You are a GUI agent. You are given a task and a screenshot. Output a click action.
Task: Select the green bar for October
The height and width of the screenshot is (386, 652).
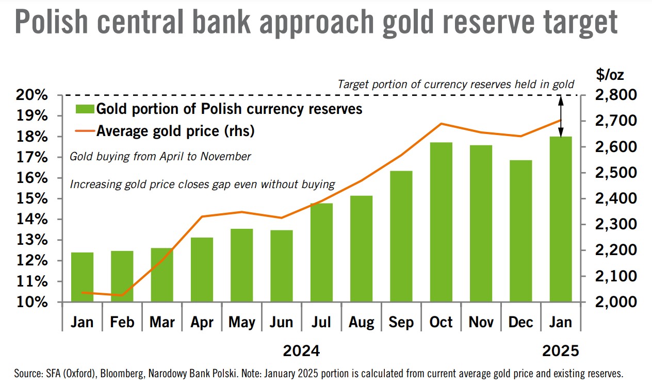(x=441, y=222)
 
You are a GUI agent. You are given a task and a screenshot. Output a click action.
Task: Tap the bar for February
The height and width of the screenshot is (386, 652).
(x=122, y=276)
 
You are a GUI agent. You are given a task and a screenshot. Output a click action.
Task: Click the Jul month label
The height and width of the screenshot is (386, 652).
(x=321, y=322)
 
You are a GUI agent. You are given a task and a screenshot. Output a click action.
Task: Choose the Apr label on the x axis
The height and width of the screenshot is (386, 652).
(x=202, y=322)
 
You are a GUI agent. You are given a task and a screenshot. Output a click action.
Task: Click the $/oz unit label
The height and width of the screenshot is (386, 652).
(x=610, y=75)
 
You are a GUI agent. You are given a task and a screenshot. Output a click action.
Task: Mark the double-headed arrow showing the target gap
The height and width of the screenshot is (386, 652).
(x=561, y=115)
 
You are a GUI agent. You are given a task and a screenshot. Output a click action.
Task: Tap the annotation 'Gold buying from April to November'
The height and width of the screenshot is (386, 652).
(x=160, y=157)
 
